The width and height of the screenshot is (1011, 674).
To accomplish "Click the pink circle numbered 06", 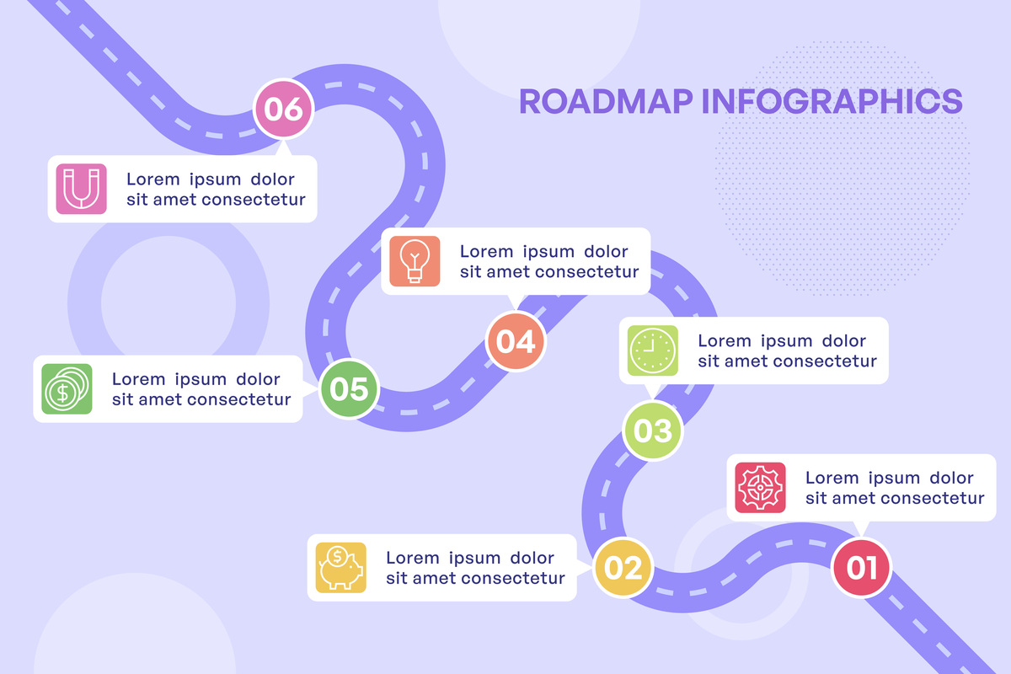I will click(x=284, y=109).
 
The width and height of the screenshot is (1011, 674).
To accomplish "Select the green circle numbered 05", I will click(x=350, y=388).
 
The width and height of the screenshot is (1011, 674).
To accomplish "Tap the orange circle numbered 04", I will click(x=516, y=341).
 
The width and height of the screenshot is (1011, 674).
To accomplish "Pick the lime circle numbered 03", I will click(x=653, y=431).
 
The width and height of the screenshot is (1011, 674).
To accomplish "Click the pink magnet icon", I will click(x=82, y=188).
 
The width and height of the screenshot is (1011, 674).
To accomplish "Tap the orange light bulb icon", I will click(x=415, y=261).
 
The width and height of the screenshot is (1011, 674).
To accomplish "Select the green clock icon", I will click(x=653, y=350).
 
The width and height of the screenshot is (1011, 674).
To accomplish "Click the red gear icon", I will click(x=760, y=488).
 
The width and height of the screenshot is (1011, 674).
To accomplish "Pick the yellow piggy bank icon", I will click(x=341, y=567).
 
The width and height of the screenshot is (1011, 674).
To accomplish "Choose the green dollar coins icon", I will click(x=67, y=388).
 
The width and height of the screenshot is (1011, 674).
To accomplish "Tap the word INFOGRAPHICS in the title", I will click(x=832, y=100).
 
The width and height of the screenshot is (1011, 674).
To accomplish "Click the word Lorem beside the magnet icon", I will click(x=153, y=179).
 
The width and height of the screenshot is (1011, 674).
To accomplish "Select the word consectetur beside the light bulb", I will click(x=586, y=272).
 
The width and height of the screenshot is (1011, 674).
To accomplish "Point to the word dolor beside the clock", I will click(x=844, y=341).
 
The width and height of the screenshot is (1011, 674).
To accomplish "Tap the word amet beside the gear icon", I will click(x=855, y=498).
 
